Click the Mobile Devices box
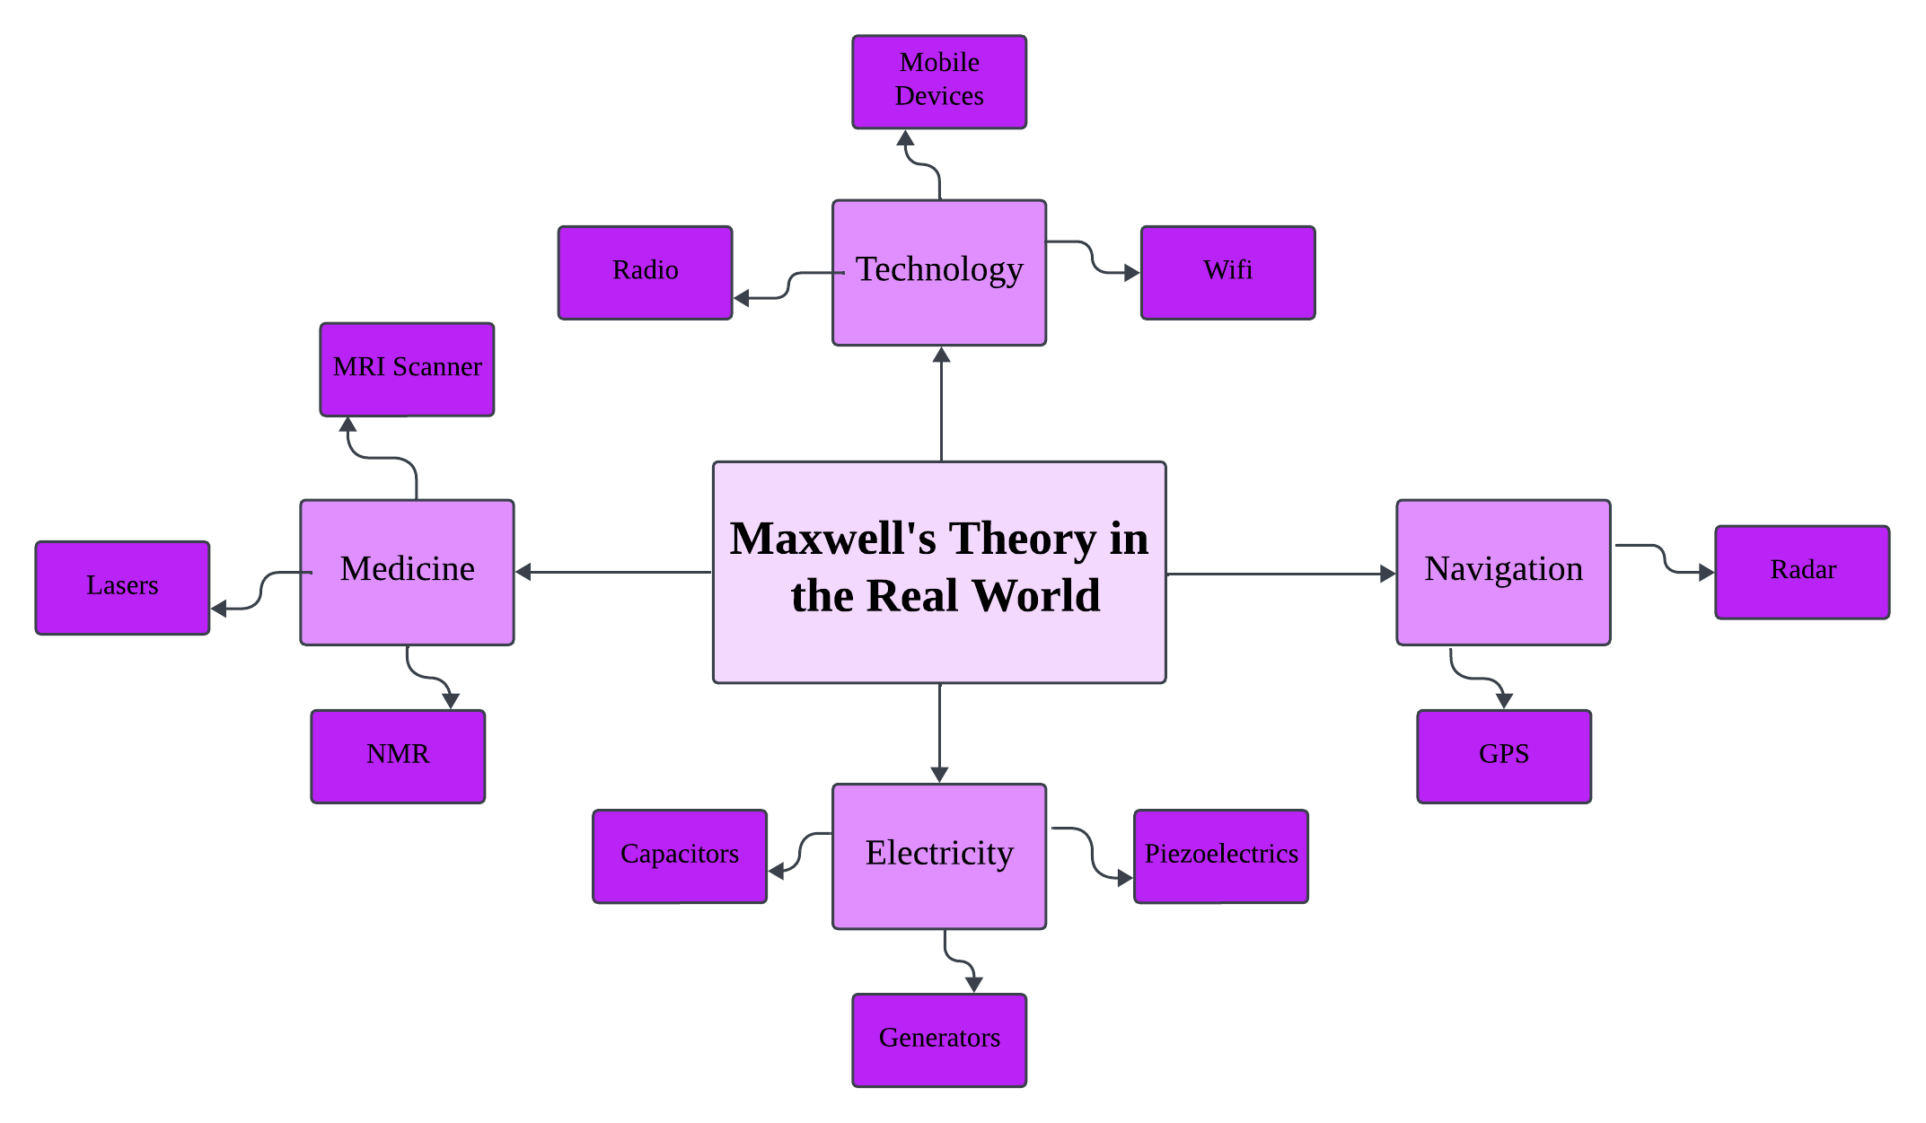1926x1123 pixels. coord(939,82)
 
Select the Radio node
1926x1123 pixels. coord(645,272)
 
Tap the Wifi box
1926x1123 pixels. coord(1227,272)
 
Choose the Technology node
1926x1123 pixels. coord(939,272)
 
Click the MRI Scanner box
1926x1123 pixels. coord(407,369)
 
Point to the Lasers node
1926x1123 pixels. coord(122,587)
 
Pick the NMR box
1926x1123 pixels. coord(398,756)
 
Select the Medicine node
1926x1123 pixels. coord(407,572)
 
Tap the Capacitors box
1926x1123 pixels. coord(680,855)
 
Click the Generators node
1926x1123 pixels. coord(939,1040)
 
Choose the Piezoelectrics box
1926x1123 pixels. coord(1221,855)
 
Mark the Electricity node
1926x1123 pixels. coord(939,855)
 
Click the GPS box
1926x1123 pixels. coord(1504,756)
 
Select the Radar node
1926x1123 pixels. coord(1802,572)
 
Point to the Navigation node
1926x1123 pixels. coord(1503,572)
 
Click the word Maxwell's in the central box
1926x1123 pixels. coord(832,540)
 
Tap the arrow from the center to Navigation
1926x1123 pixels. coord(1280,574)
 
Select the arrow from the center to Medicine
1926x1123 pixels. coord(614,572)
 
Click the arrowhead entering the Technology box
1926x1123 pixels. coord(941,356)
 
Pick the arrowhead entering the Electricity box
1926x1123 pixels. coord(939,774)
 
